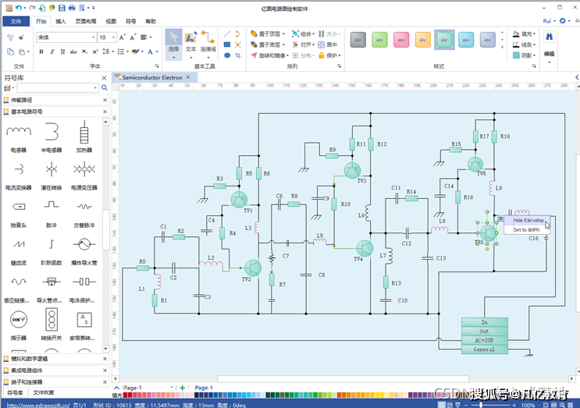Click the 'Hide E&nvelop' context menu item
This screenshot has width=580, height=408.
pos(528,221)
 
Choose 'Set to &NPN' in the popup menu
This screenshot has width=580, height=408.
pos(526,230)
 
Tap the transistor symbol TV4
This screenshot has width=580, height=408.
pos(365,248)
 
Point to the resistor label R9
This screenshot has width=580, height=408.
pos(333,149)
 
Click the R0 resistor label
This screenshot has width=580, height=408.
pos(142,261)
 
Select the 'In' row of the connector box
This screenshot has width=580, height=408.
pos(484,321)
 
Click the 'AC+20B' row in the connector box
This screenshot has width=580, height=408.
pos(484,340)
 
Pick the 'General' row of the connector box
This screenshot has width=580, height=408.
pos(484,349)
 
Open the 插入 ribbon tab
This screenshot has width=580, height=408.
pos(61,22)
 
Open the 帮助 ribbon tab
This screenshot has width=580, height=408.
pos(151,22)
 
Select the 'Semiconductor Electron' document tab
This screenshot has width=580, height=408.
pos(151,77)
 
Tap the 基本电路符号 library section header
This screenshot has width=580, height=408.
pos(28,112)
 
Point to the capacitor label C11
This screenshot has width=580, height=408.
pos(396,188)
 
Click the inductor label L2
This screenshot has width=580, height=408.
pos(211,257)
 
